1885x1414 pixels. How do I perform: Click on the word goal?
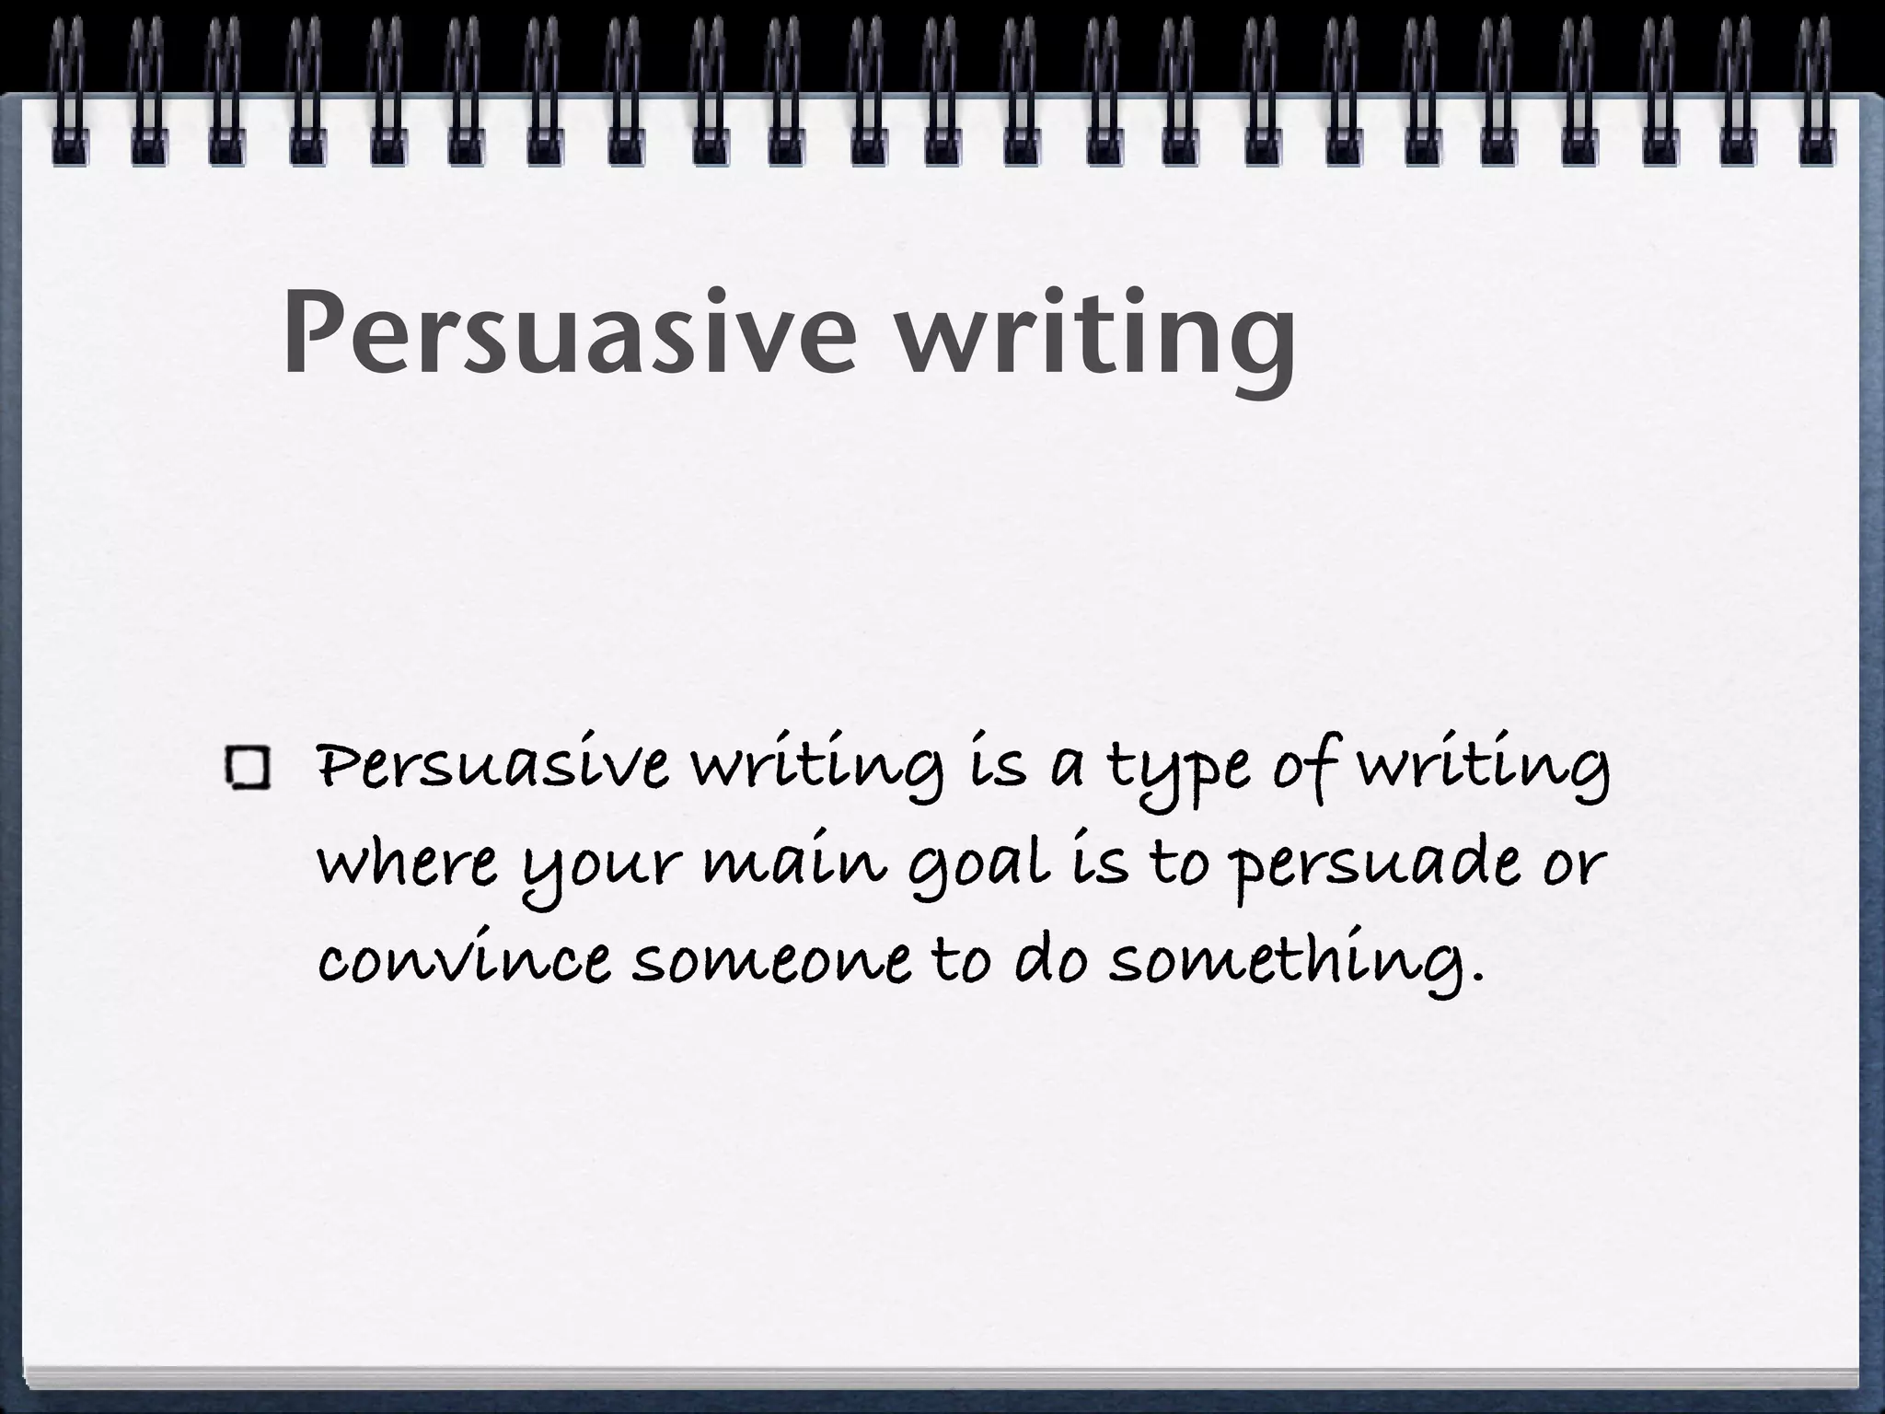point(979,868)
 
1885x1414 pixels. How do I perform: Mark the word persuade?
point(1371,868)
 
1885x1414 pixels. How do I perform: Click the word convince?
point(463,961)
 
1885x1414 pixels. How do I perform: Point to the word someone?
point(771,961)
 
